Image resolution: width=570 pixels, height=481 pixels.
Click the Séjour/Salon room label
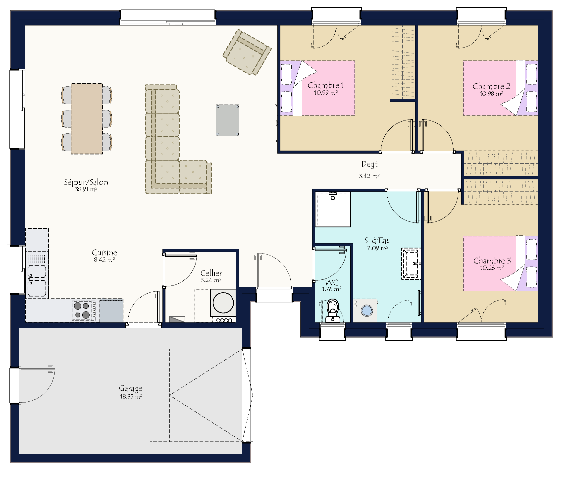click(x=86, y=182)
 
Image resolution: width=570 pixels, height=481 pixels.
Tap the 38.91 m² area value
click(x=86, y=189)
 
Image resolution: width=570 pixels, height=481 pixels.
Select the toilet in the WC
click(x=333, y=311)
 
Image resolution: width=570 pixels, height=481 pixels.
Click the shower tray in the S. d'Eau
click(x=333, y=209)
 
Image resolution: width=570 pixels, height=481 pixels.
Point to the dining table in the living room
click(x=87, y=119)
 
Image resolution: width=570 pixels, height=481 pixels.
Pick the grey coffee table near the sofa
click(x=227, y=120)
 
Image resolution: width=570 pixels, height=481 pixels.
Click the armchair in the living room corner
click(x=247, y=52)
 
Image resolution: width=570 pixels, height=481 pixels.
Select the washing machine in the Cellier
click(x=223, y=303)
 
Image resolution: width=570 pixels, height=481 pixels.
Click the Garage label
click(x=131, y=388)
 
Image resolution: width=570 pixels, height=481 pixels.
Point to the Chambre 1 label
click(x=326, y=85)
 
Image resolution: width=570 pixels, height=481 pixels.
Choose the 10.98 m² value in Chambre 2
click(x=491, y=94)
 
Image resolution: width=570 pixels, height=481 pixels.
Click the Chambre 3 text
click(x=492, y=261)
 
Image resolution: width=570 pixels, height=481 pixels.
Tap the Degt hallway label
click(x=369, y=164)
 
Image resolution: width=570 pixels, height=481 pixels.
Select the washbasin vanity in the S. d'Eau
click(x=411, y=264)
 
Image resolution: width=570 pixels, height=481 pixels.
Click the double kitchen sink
click(x=37, y=281)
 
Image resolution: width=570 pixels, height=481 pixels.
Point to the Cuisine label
click(x=104, y=253)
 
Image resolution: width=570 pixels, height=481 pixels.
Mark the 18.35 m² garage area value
click(x=131, y=396)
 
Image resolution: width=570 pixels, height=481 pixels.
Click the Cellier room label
click(x=211, y=273)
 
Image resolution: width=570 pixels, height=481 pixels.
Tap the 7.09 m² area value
click(x=377, y=248)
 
